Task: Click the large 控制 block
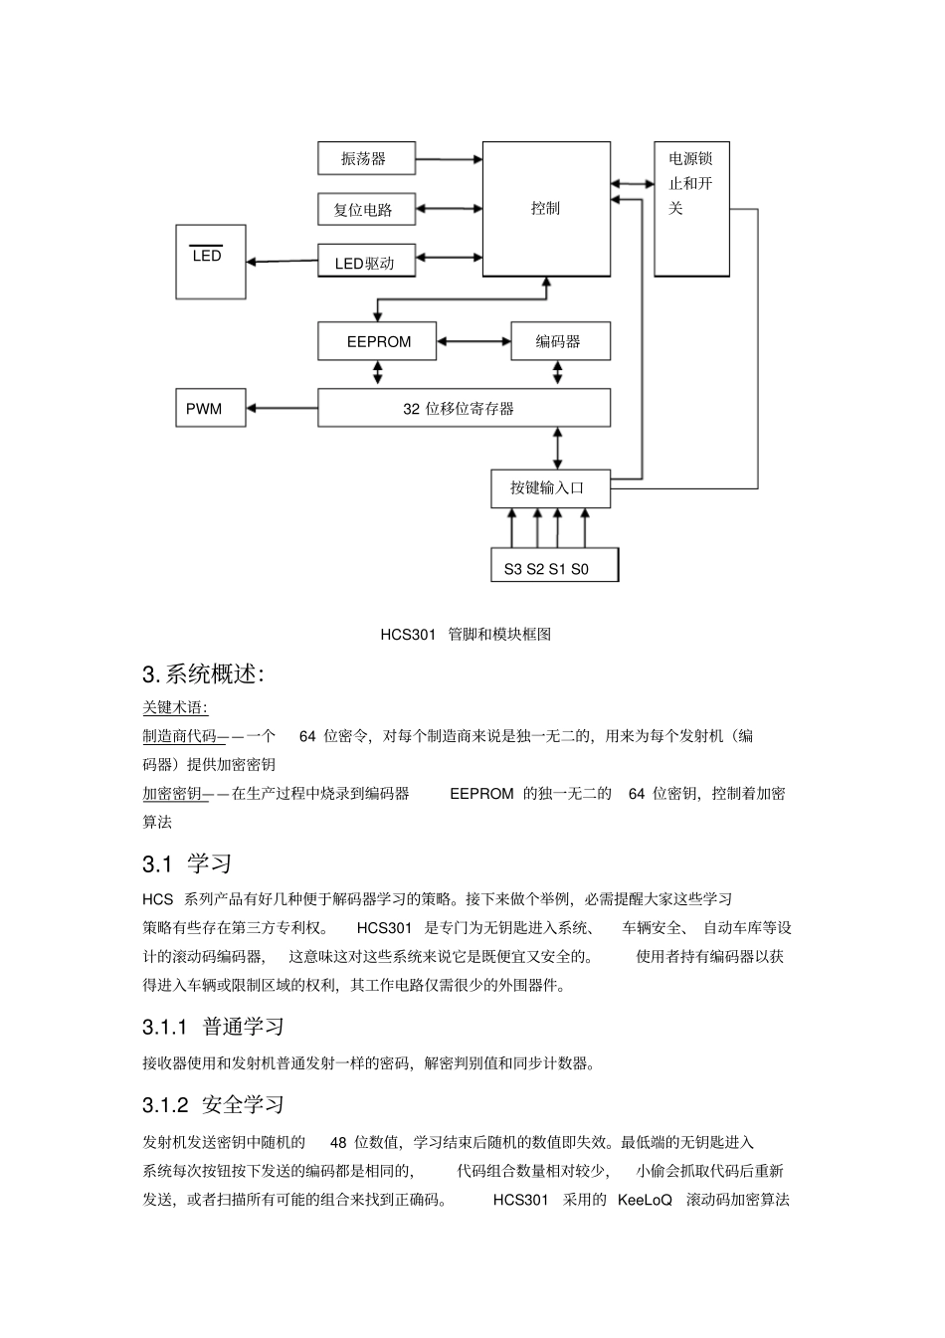pyautogui.click(x=546, y=209)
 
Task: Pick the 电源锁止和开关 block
pyautogui.click(x=691, y=209)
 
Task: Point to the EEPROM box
pyautogui.click(x=378, y=341)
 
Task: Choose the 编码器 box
pyautogui.click(x=560, y=341)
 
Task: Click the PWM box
pyautogui.click(x=210, y=409)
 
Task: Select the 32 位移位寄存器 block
pyautogui.click(x=464, y=409)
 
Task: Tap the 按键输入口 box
pyautogui.click(x=550, y=487)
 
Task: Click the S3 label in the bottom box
pyautogui.click(x=512, y=569)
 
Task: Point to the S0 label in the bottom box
pyautogui.click(x=580, y=569)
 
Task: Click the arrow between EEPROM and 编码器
pyautogui.click(x=473, y=341)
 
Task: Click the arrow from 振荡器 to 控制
pyautogui.click(x=449, y=158)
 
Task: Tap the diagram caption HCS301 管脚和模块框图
pyautogui.click(x=466, y=634)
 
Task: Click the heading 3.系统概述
pyautogui.click(x=203, y=674)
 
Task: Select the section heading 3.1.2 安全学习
pyautogui.click(x=213, y=1104)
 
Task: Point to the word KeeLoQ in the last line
pyautogui.click(x=645, y=1200)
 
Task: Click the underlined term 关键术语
pyautogui.click(x=175, y=707)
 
